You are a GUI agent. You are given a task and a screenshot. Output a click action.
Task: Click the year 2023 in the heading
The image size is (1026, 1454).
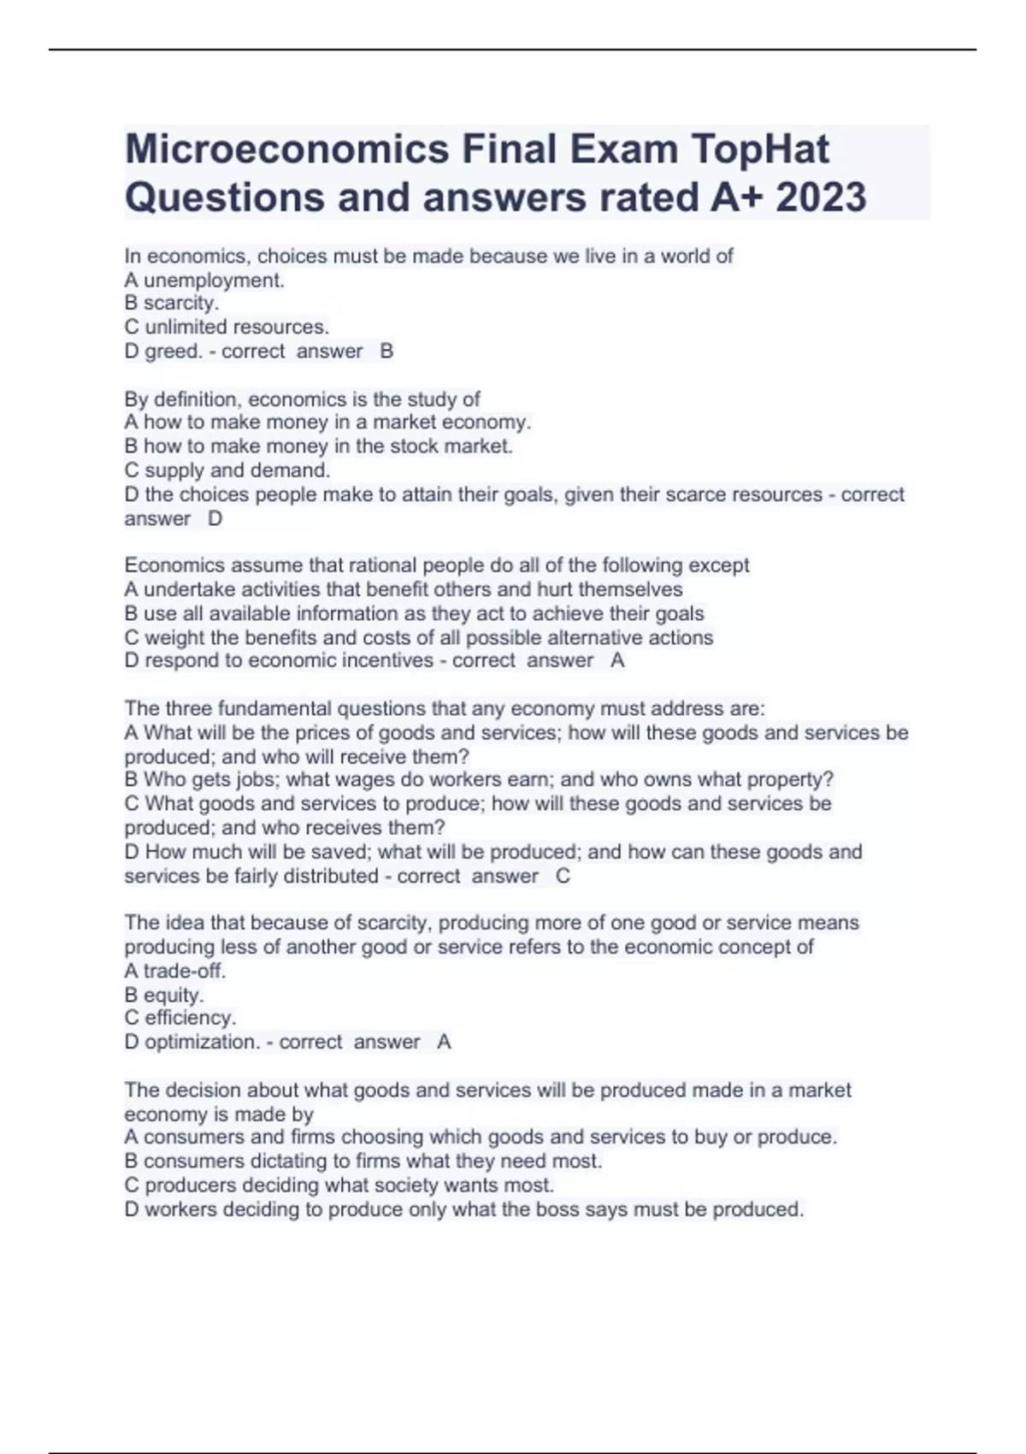point(822,198)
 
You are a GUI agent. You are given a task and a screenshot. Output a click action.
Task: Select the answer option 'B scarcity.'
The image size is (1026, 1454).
point(172,303)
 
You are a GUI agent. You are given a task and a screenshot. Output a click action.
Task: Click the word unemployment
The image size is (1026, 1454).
point(214,280)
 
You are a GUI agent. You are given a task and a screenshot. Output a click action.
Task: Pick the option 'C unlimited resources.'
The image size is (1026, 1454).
point(227,327)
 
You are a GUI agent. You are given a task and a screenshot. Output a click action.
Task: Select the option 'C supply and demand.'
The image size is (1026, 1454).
point(227,470)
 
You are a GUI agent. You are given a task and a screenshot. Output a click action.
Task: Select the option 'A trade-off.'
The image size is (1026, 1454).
point(175,971)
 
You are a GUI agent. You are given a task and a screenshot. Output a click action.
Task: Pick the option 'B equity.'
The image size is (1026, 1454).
point(164,995)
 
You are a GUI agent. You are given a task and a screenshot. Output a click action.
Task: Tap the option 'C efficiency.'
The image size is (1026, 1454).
point(180,1018)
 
